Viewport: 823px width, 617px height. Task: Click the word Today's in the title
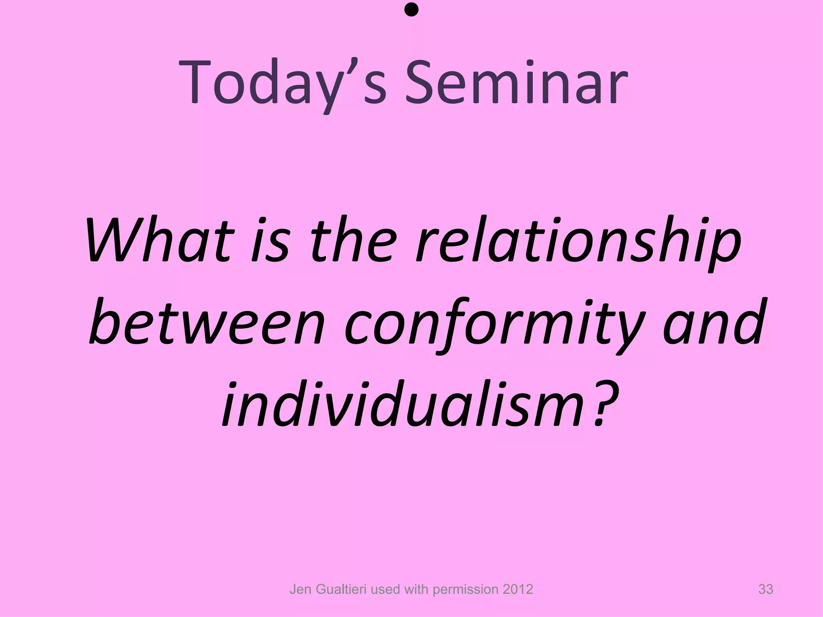283,82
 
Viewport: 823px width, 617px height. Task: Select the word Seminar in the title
516,82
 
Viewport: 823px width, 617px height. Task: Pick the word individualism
402,404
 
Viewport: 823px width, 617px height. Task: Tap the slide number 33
766,589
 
